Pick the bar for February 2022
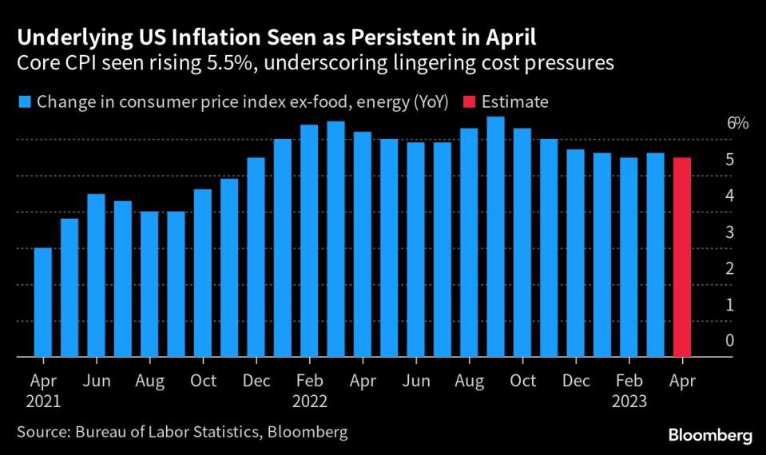pos(309,240)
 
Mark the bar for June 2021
pos(96,275)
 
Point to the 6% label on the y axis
pos(737,124)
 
